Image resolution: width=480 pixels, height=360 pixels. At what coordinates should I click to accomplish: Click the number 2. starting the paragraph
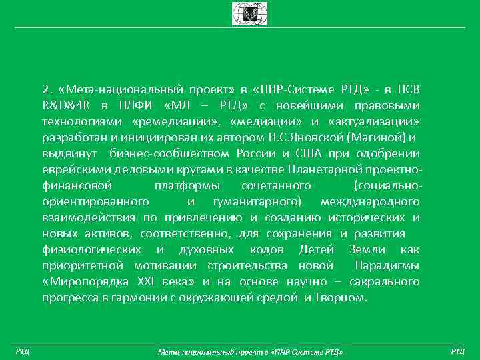(x=47, y=89)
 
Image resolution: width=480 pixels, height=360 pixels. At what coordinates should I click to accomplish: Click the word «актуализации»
(x=374, y=121)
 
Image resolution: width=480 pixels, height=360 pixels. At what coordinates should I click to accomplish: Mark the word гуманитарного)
(x=257, y=201)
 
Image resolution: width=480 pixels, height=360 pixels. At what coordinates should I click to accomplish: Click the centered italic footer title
(x=249, y=351)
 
